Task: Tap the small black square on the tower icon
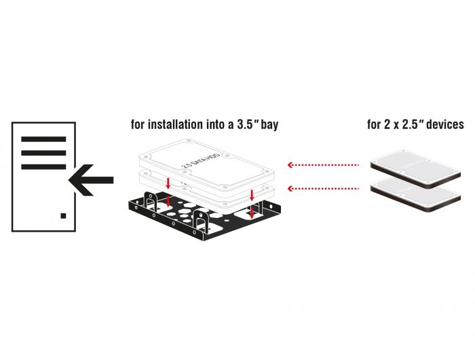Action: pyautogui.click(x=63, y=215)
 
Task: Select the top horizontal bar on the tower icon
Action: pyautogui.click(x=43, y=139)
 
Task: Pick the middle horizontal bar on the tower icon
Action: pyautogui.click(x=43, y=153)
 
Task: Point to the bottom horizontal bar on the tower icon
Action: pyautogui.click(x=43, y=166)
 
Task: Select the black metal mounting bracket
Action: pyautogui.click(x=204, y=221)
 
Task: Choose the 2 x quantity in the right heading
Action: pyautogui.click(x=387, y=125)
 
